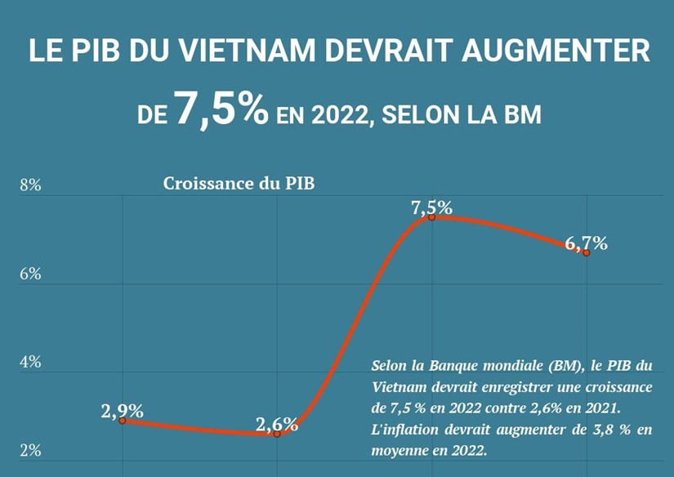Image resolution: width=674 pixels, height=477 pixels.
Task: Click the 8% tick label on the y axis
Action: click(30, 185)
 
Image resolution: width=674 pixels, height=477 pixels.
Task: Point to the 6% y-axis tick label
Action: click(30, 274)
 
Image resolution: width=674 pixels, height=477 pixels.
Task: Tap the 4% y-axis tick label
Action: click(30, 362)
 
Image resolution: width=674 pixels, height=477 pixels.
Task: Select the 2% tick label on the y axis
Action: click(30, 451)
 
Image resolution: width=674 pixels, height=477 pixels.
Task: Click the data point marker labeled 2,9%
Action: click(123, 420)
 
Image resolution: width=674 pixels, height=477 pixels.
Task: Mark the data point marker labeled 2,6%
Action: click(277, 434)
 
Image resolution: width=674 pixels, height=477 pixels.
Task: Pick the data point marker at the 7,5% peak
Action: click(431, 216)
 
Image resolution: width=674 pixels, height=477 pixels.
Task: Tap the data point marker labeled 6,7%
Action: click(586, 252)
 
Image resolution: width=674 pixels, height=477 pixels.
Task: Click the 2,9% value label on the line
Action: click(123, 411)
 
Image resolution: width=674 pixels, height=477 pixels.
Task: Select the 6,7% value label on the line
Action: click(586, 243)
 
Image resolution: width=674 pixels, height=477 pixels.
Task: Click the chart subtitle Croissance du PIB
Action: click(239, 183)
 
